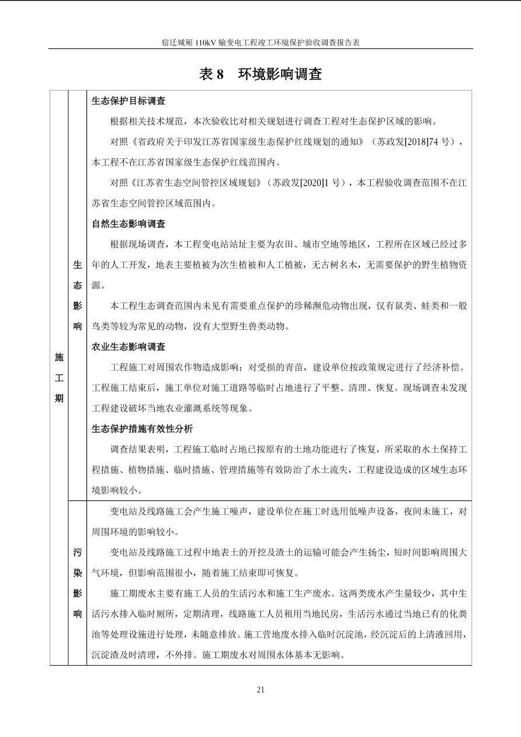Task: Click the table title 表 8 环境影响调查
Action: point(260,74)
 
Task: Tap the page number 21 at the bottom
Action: point(260,690)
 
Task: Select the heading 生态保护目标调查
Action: point(128,101)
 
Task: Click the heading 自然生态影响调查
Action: point(128,224)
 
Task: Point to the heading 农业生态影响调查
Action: point(128,347)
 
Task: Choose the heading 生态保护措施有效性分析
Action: point(142,429)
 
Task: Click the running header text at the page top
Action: point(260,43)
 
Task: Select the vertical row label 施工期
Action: point(59,378)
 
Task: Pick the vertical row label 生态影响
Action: point(77,296)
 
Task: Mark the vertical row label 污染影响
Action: point(77,583)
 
